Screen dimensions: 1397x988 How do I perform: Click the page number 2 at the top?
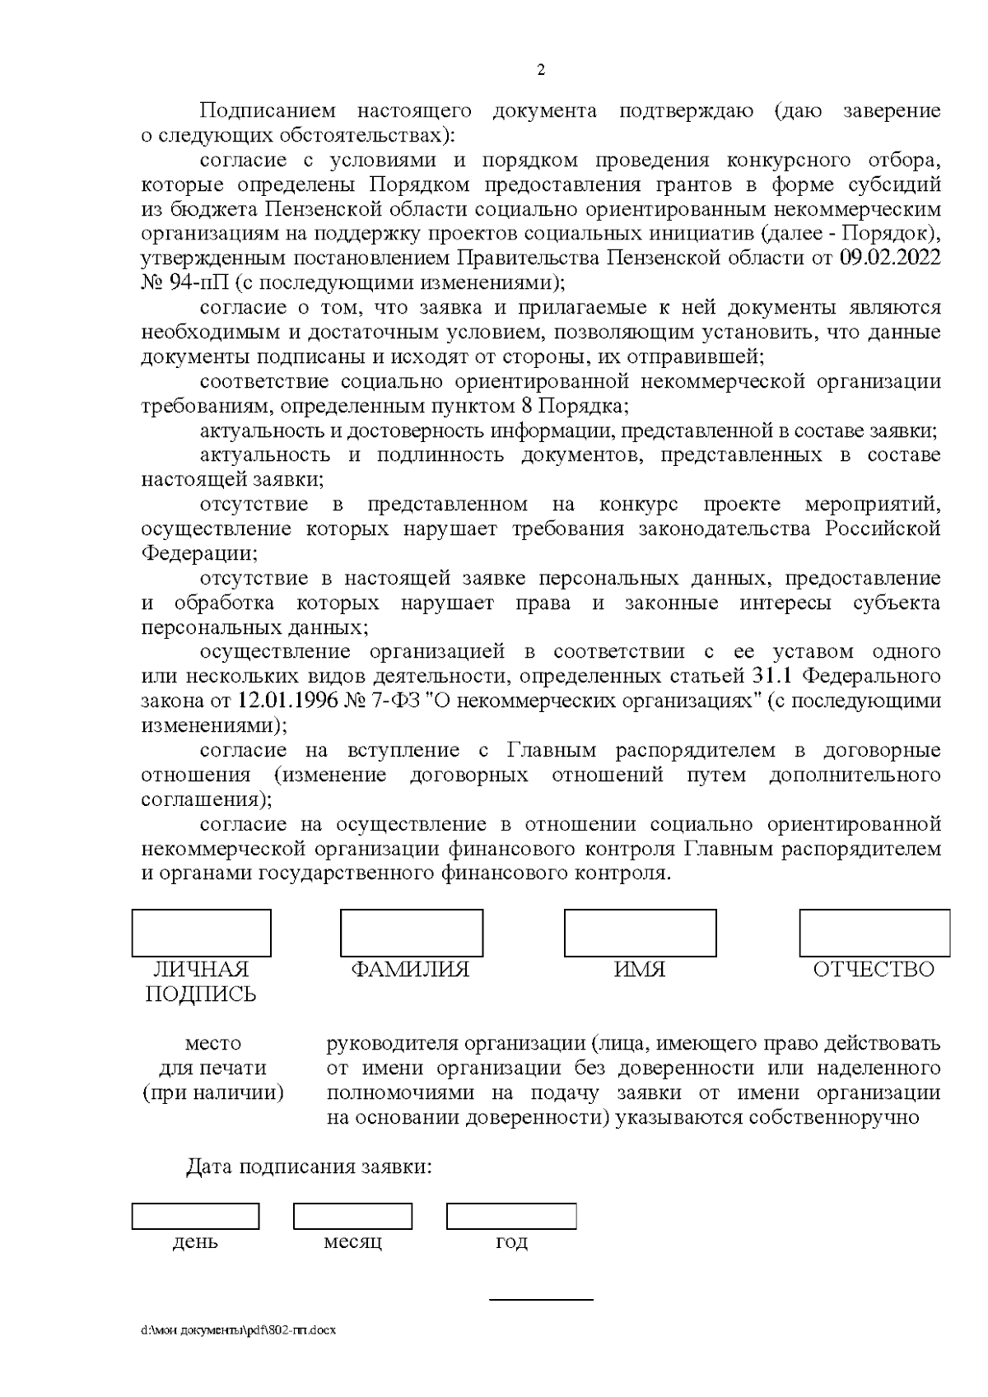click(541, 70)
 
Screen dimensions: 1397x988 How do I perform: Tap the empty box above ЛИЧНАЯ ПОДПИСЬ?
click(201, 933)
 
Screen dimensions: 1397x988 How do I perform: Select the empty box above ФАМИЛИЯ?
click(412, 933)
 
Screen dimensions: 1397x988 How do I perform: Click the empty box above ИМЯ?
click(640, 933)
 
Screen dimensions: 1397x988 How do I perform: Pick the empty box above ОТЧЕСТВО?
click(874, 933)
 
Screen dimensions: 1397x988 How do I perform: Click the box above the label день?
click(195, 1217)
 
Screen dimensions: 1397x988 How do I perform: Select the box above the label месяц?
click(352, 1217)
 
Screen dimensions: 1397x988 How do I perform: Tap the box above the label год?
click(511, 1217)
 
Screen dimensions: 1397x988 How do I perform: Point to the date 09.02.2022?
click(890, 258)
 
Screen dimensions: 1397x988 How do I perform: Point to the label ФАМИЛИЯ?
click(410, 970)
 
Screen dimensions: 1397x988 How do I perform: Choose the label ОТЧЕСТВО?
click(874, 970)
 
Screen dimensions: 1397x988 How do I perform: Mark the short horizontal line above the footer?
click(541, 1301)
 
